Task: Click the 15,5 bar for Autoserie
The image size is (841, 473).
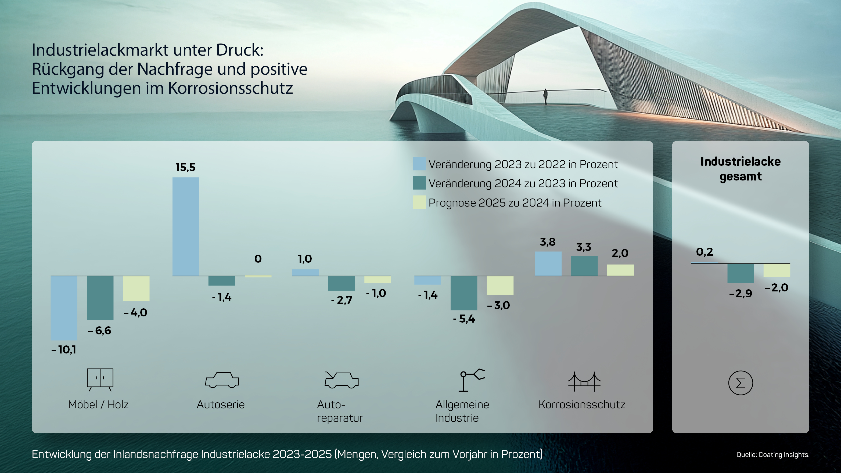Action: (185, 226)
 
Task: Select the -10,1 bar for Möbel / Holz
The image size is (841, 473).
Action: (64, 308)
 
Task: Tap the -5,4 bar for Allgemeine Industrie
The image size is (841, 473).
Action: (463, 293)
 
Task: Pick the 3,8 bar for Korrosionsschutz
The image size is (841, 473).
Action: (548, 263)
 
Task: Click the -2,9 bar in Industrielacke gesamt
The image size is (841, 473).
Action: (741, 273)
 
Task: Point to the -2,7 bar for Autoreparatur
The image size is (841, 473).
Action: (341, 283)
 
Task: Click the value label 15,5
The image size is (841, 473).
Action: (185, 167)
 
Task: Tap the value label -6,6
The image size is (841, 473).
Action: (100, 331)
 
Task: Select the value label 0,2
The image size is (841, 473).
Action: (704, 252)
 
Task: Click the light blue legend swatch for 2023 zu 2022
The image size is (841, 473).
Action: (419, 164)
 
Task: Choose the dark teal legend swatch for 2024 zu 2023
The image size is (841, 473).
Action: (419, 183)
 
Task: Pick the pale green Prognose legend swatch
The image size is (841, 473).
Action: (419, 202)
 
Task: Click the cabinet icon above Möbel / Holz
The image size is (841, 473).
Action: (100, 379)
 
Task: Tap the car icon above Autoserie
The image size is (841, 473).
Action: (222, 380)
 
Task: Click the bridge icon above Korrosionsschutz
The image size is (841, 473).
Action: (584, 381)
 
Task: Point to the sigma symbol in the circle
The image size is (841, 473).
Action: (741, 383)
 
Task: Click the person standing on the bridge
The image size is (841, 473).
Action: (545, 96)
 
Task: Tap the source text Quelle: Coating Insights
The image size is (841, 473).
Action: (772, 455)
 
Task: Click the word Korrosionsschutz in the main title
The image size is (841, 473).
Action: (231, 88)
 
